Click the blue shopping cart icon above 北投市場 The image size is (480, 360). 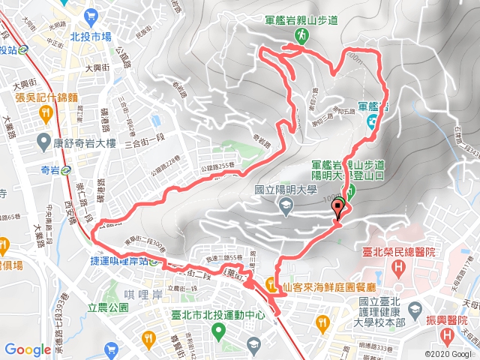point(91,15)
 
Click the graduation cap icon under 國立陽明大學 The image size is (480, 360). point(285,205)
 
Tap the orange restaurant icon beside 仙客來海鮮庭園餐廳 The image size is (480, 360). point(268,283)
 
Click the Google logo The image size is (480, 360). point(27,349)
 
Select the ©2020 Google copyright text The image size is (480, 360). point(449,353)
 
